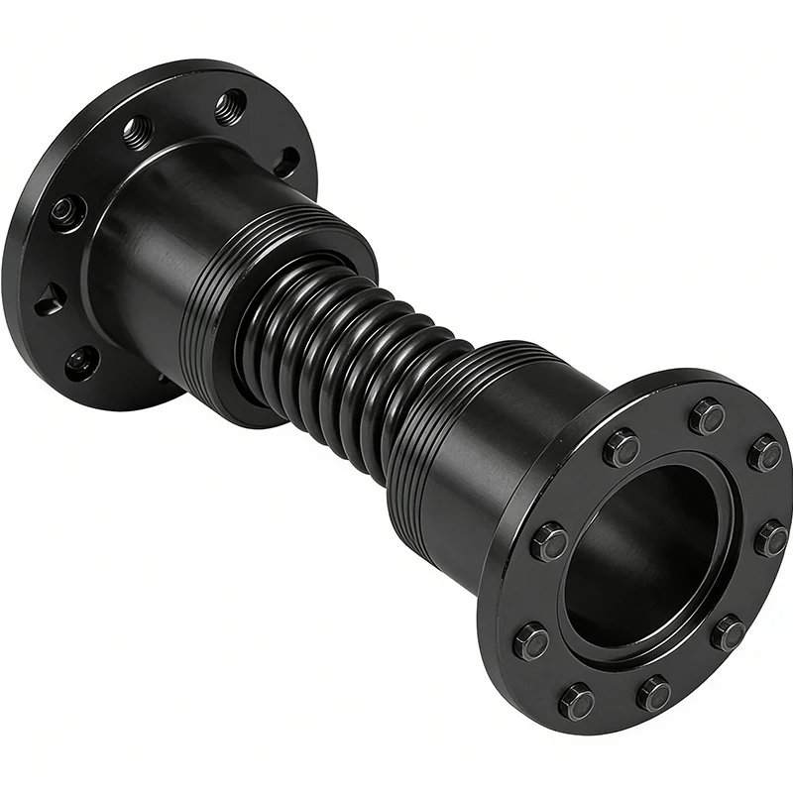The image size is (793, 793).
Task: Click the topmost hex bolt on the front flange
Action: (x=707, y=416)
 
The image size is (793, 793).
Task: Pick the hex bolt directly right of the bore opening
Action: (x=771, y=539)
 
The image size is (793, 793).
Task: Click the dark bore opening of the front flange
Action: (x=644, y=555)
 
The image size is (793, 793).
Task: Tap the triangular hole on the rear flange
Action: (x=50, y=298)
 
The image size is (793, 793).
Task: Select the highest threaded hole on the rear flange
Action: (x=230, y=104)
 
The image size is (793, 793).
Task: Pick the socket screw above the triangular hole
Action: (x=66, y=212)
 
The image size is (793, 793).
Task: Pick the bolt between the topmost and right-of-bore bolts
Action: (x=765, y=453)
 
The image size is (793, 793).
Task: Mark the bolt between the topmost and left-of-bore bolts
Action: (x=622, y=448)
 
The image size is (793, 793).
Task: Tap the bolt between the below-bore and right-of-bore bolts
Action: (x=730, y=632)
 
